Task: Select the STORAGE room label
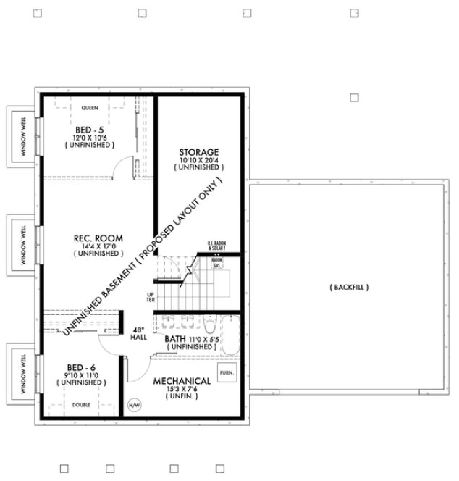tap(198, 151)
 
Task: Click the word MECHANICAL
tap(182, 381)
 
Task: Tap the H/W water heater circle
tap(135, 405)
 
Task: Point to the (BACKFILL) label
tap(350, 288)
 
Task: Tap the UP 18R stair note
tap(150, 296)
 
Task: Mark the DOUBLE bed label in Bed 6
tap(82, 404)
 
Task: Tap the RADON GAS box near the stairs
tap(216, 264)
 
